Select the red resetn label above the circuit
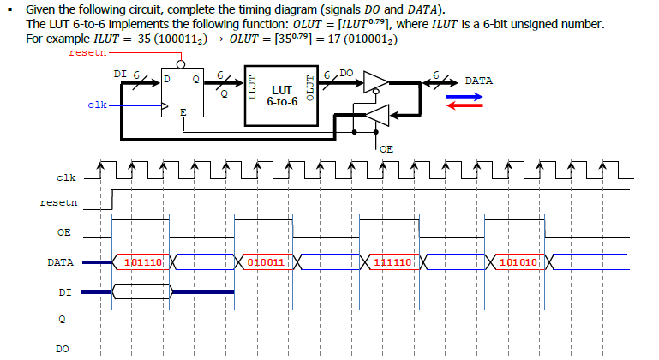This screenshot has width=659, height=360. point(87,53)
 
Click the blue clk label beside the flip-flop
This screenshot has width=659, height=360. point(97,105)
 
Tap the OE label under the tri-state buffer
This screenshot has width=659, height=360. point(386,148)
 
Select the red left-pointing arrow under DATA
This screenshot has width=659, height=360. point(464,105)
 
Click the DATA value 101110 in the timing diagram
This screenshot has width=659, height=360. point(143,261)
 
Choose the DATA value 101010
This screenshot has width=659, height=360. point(517,261)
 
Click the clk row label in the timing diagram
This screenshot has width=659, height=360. point(66,178)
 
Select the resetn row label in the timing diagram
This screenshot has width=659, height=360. point(58,203)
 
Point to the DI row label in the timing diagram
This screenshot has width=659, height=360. point(65,292)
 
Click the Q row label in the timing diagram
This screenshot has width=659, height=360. point(63,320)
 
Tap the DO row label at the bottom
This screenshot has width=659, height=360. point(63,348)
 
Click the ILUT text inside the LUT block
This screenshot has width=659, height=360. point(252,95)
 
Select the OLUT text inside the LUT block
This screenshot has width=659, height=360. point(311,95)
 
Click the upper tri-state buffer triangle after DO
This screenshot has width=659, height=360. point(374,81)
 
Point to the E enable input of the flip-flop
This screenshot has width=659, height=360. point(182,112)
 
